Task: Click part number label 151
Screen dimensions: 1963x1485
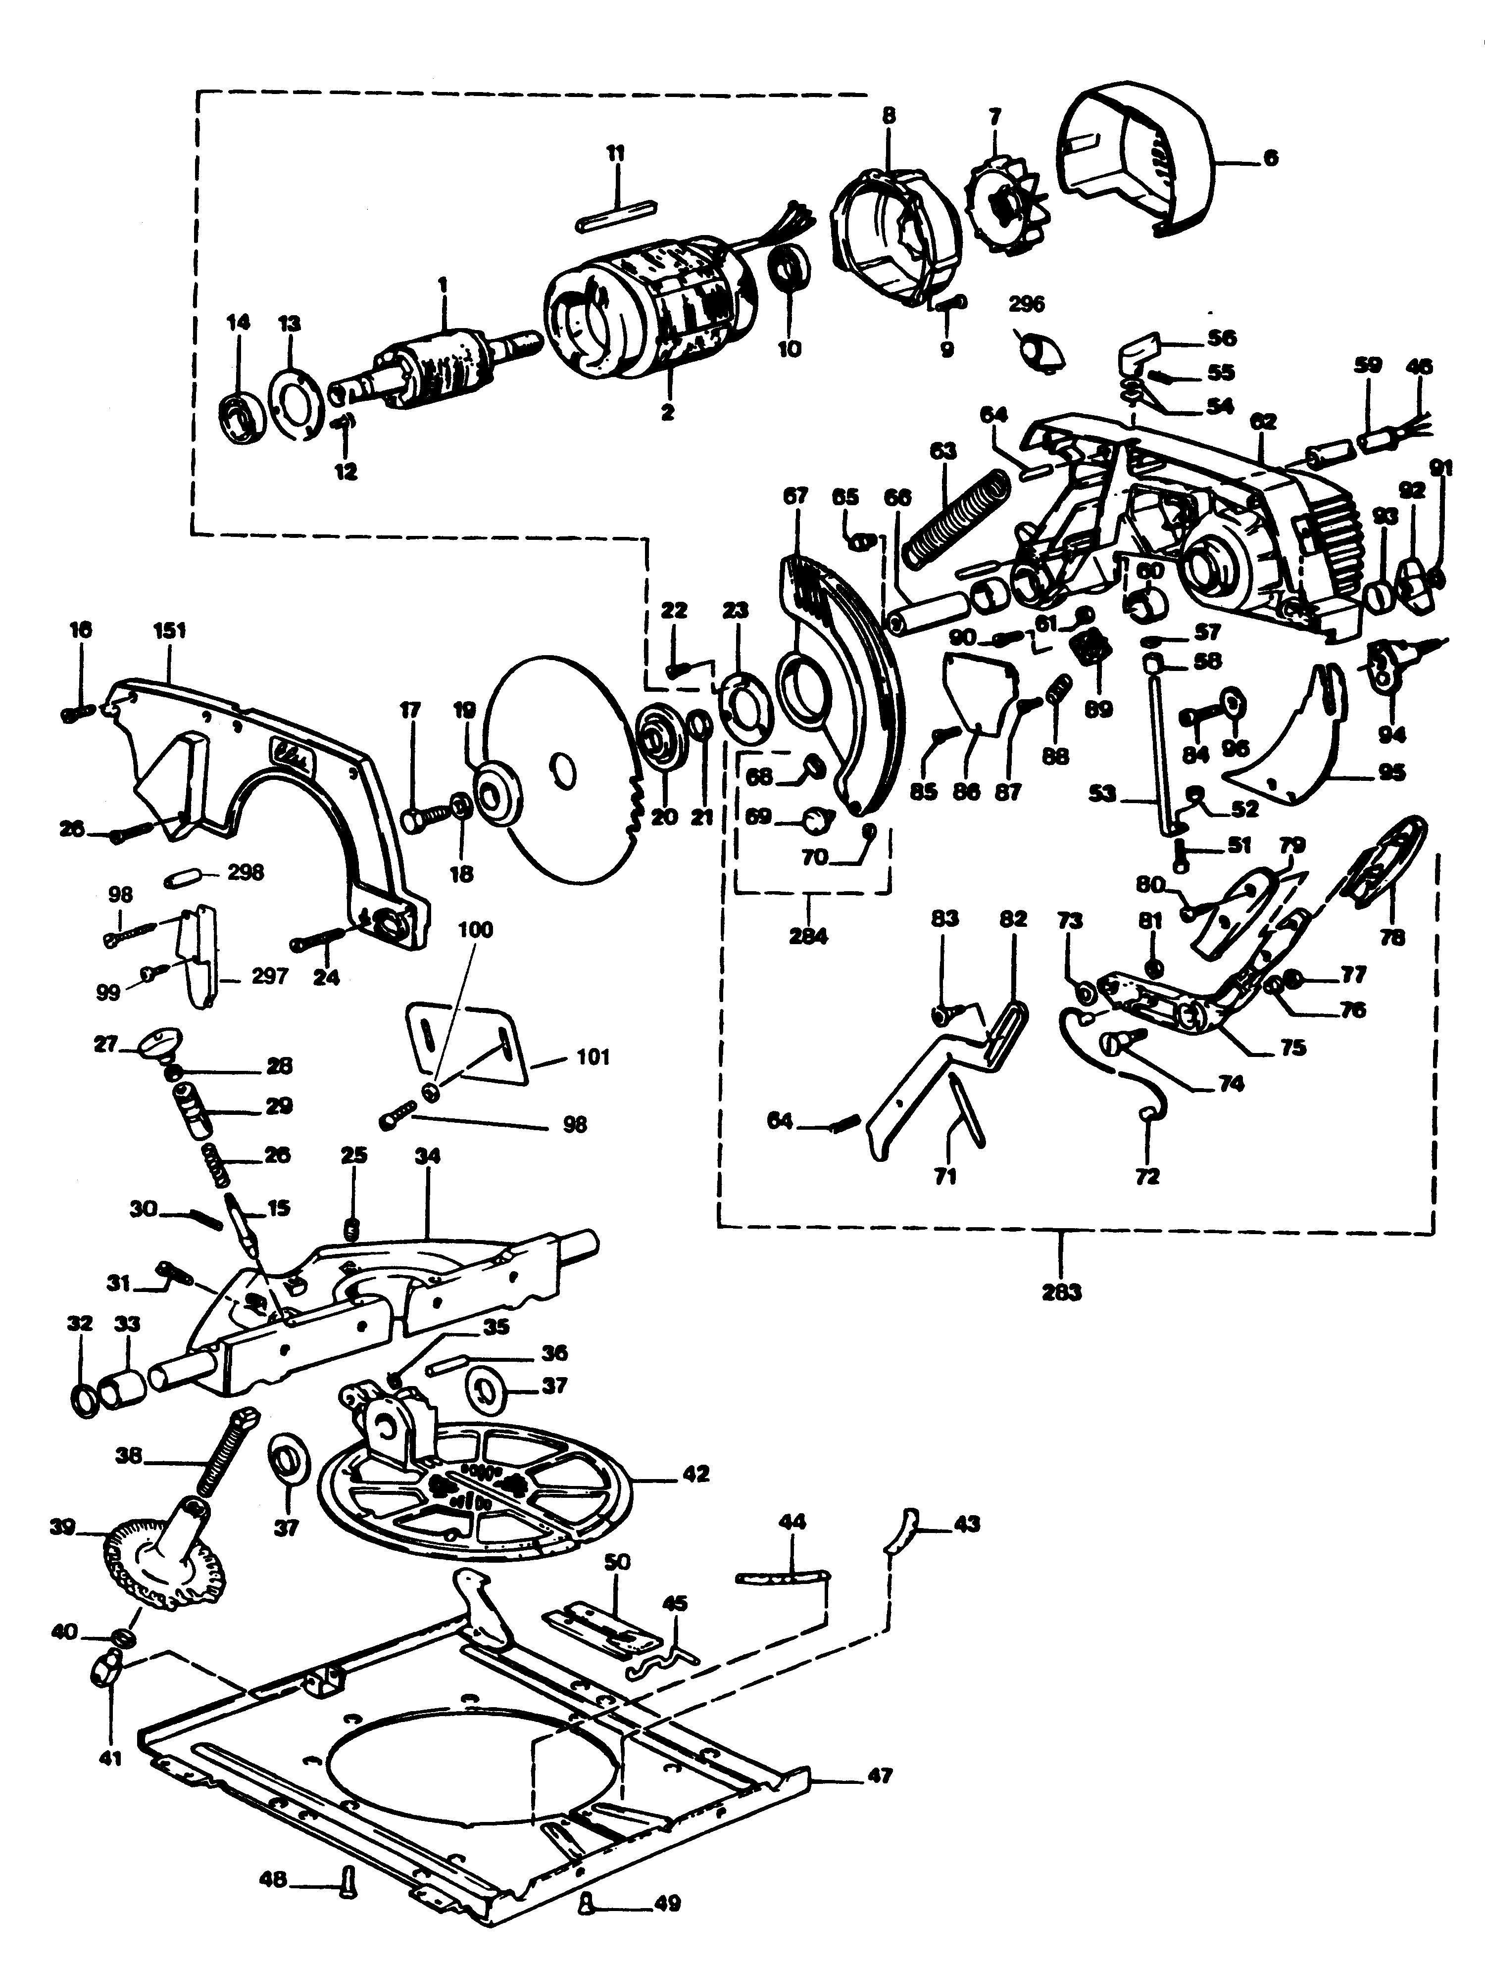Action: pyautogui.click(x=169, y=631)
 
